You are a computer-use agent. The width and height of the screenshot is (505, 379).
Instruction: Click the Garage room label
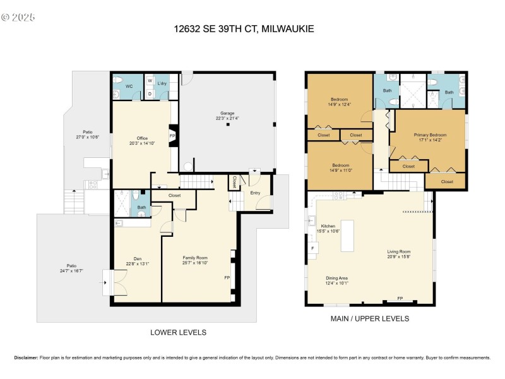pos(228,112)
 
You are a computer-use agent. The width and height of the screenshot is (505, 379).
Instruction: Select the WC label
pos(129,85)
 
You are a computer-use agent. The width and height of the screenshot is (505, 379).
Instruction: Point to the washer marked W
pos(150,81)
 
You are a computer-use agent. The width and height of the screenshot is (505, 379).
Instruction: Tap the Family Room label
pos(195,258)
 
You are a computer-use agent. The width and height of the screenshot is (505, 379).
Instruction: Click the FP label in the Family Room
pos(227,278)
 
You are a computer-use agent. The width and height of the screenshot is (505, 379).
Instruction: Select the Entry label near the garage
pos(255,193)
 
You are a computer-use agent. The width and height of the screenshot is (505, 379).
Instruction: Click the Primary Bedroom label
pos(431,135)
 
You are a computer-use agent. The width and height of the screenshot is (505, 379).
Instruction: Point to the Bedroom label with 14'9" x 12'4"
pos(340,99)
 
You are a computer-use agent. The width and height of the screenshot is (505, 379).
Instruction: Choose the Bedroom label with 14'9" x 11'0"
pos(340,165)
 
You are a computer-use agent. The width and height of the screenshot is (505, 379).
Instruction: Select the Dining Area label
pos(336,278)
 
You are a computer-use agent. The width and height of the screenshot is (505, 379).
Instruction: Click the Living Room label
pos(398,251)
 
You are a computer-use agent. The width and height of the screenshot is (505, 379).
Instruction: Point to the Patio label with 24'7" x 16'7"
pos(71,265)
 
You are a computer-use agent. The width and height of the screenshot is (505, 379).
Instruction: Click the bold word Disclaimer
pos(26,358)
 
